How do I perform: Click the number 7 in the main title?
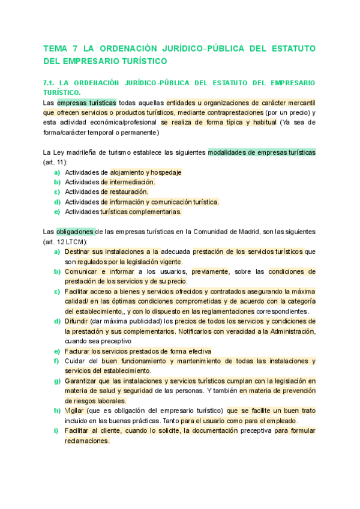tap(74, 48)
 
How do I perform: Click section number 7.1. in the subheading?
tap(50, 83)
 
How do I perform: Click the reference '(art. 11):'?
tap(55, 162)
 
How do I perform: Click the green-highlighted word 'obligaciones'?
tap(76, 231)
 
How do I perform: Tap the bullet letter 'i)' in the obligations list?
tap(56, 431)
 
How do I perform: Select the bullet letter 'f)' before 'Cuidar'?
tap(56, 361)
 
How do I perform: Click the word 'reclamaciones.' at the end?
tap(87, 441)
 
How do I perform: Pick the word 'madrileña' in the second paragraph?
tap(80, 152)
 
